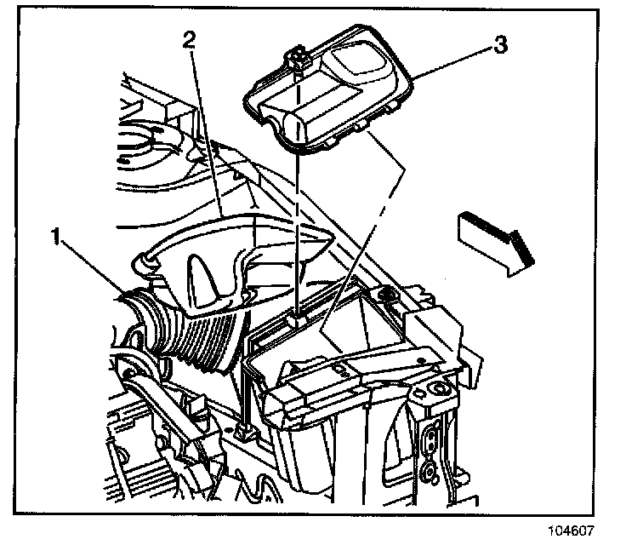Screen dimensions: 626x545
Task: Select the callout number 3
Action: [x=502, y=44]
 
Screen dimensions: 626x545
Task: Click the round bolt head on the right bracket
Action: [x=440, y=391]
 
